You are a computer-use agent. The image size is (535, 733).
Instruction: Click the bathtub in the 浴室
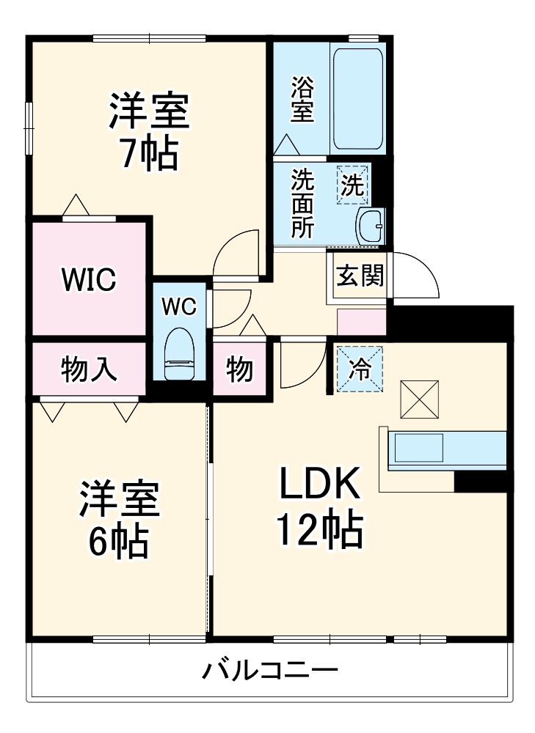click(358, 99)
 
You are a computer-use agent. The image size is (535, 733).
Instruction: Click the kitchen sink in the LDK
click(418, 446)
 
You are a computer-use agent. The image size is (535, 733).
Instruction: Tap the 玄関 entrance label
click(360, 276)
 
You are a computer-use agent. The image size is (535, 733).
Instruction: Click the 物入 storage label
click(89, 369)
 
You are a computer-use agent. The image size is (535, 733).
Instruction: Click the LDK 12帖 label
click(319, 507)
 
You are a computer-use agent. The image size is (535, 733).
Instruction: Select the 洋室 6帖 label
click(119, 519)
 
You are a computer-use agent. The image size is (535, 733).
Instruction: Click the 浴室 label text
click(302, 100)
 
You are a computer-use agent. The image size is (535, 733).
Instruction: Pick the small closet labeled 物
click(239, 369)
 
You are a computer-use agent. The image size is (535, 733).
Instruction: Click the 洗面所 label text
click(302, 204)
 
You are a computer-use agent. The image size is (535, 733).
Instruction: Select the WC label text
click(179, 307)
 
